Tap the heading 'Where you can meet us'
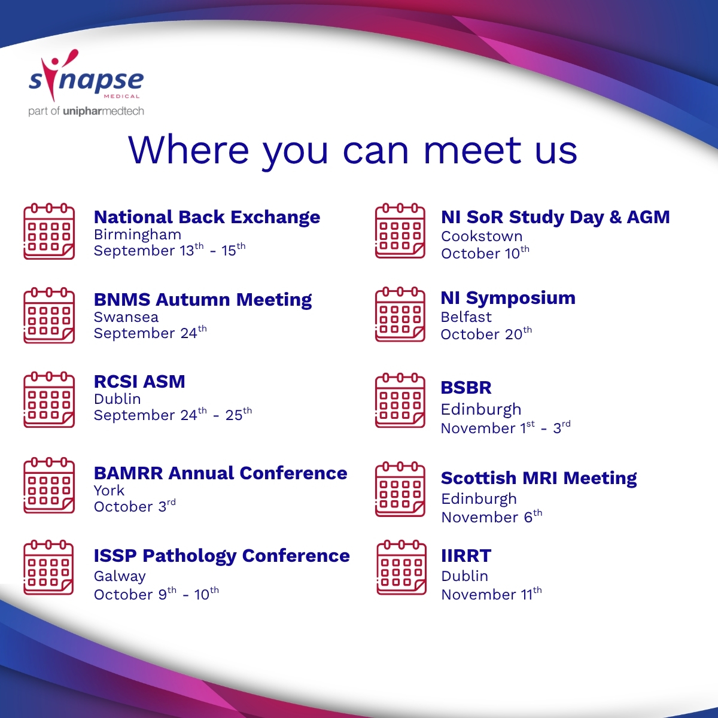(352, 151)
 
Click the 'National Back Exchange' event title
(207, 217)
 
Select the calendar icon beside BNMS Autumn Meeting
(49, 315)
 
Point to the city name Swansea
(126, 317)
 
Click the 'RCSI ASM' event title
(139, 382)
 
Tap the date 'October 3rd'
(135, 506)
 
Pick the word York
(109, 491)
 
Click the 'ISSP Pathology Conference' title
(222, 555)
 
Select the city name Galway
(120, 576)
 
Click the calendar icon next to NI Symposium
(400, 315)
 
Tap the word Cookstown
(482, 236)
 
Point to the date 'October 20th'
(486, 333)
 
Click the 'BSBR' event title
(466, 388)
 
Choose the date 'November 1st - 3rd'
(506, 427)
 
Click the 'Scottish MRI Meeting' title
(538, 478)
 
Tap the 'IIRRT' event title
(466, 555)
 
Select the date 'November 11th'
(491, 594)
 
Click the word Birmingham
(138, 235)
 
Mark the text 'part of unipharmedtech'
(86, 111)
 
